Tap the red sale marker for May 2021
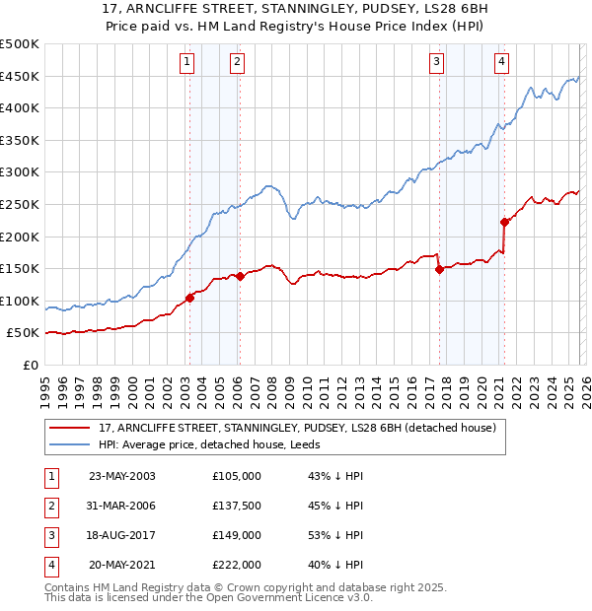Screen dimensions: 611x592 (504, 222)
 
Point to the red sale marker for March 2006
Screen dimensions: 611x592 (239, 276)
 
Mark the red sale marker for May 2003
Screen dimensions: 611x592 (189, 298)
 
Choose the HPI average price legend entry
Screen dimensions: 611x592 (209, 444)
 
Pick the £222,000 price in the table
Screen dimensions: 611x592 (236, 566)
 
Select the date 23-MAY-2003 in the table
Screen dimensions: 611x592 (122, 476)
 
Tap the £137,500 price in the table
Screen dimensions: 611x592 (236, 507)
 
